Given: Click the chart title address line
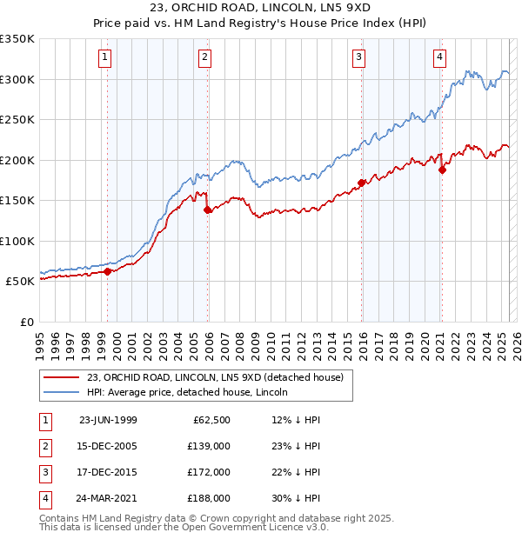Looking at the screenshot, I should (x=260, y=10).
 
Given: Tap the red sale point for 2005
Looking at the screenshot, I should (x=208, y=210).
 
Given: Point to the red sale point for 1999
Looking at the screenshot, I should (x=108, y=271).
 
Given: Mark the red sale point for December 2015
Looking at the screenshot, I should (x=362, y=183).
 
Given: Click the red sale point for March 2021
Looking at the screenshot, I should (x=442, y=170).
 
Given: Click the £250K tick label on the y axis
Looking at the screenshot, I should (x=17, y=119).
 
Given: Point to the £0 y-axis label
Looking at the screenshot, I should (x=25, y=322).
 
